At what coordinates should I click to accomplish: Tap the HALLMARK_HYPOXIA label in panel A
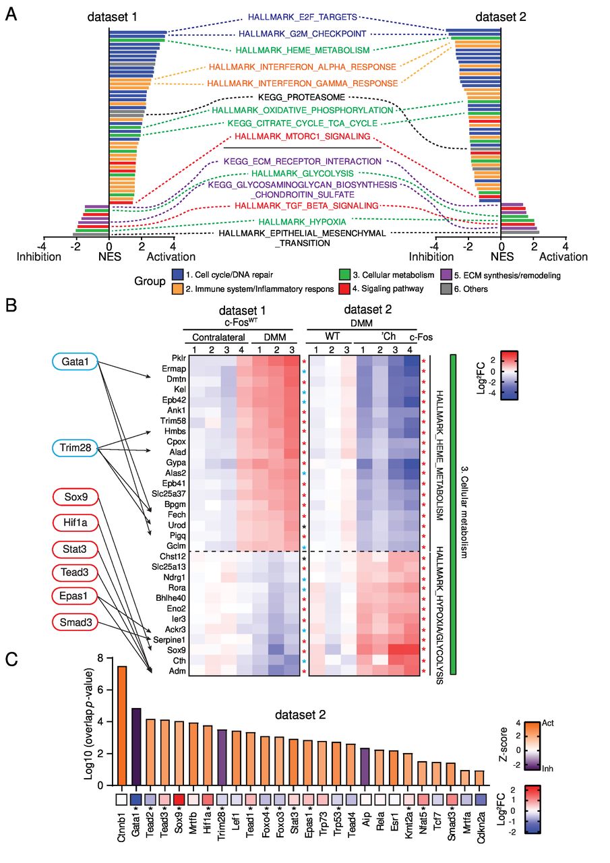[x=303, y=220]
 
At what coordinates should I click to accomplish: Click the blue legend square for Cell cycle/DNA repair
[x=178, y=275]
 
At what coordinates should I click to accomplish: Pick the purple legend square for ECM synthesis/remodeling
[x=446, y=275]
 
